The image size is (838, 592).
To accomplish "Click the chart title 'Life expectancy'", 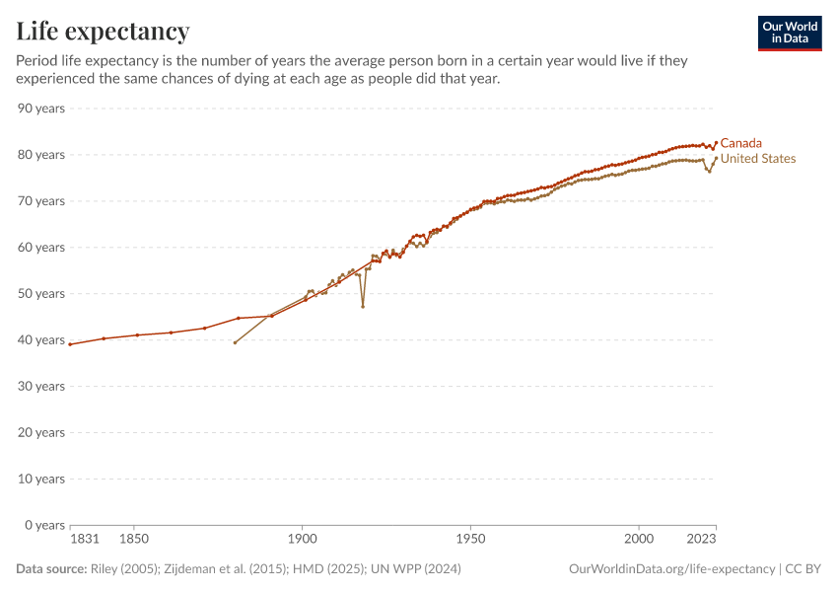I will coord(103,32).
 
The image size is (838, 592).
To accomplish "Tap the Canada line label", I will coord(740,143).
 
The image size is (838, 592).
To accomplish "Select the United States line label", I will coord(757,159).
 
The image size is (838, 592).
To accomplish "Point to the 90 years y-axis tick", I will coord(41,108).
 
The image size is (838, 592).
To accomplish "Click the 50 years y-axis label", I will coord(41,293).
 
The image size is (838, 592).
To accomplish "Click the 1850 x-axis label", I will coord(134,540).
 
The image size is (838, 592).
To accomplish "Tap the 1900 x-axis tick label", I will coord(303,540).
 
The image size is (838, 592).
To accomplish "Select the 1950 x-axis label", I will coord(470,540).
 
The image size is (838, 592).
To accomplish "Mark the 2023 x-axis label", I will coord(701,540).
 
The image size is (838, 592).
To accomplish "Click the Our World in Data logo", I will coord(790,33).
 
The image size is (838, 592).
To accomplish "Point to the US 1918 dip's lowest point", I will coord(363,307).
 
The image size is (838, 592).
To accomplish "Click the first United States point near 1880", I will coord(235,342).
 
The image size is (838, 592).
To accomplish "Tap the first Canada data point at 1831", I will coord(70,344).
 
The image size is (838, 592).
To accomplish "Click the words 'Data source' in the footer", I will coord(50,569).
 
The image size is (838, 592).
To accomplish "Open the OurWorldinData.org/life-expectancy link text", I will coord(671,569).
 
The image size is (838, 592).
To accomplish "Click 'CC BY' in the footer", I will coord(803,569).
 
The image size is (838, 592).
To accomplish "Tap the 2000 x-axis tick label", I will coord(639,540).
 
